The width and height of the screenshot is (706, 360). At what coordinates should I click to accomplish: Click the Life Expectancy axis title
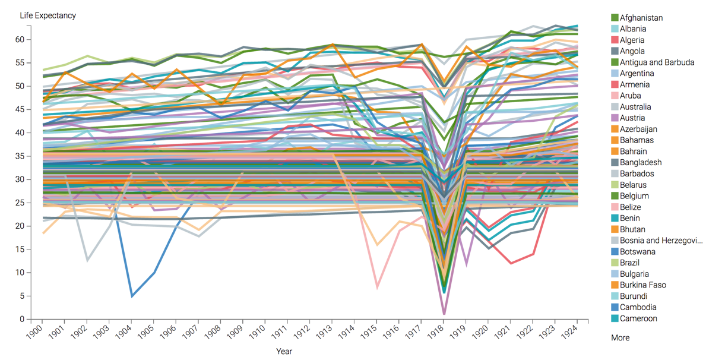pos(48,15)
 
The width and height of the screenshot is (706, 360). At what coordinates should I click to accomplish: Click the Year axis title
pos(283,351)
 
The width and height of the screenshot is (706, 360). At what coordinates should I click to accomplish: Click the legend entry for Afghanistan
pos(641,18)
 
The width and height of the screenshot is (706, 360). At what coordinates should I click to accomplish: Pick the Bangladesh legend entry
pos(641,162)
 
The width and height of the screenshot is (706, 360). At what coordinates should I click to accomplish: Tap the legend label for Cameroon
pos(638,318)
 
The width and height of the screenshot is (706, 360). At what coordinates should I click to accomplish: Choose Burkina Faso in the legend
pos(643,285)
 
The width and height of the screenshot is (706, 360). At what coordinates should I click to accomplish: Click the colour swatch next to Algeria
pos(615,40)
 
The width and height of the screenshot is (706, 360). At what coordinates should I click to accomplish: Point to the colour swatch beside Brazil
pos(615,263)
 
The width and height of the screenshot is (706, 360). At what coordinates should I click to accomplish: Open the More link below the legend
pos(620,338)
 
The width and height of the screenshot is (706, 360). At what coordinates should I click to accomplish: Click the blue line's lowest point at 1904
pos(132,295)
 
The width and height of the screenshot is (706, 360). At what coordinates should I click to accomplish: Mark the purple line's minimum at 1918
pos(444,313)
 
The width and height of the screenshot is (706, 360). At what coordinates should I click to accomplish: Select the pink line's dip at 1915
pos(377,288)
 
